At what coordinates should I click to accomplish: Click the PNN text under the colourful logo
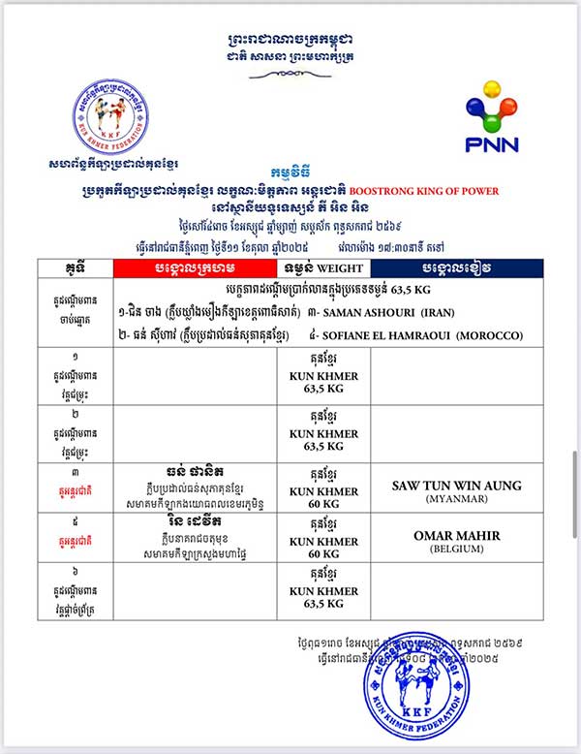coord(492,144)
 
